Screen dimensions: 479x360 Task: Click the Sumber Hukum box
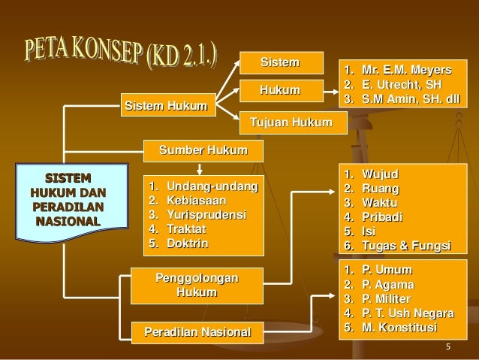pos(203,150)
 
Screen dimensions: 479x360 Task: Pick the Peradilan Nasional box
pos(193,331)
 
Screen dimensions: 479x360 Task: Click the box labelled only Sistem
pos(279,61)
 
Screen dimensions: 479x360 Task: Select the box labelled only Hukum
pos(279,90)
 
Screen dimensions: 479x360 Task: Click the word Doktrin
pos(188,244)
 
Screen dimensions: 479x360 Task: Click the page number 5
pos(447,346)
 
